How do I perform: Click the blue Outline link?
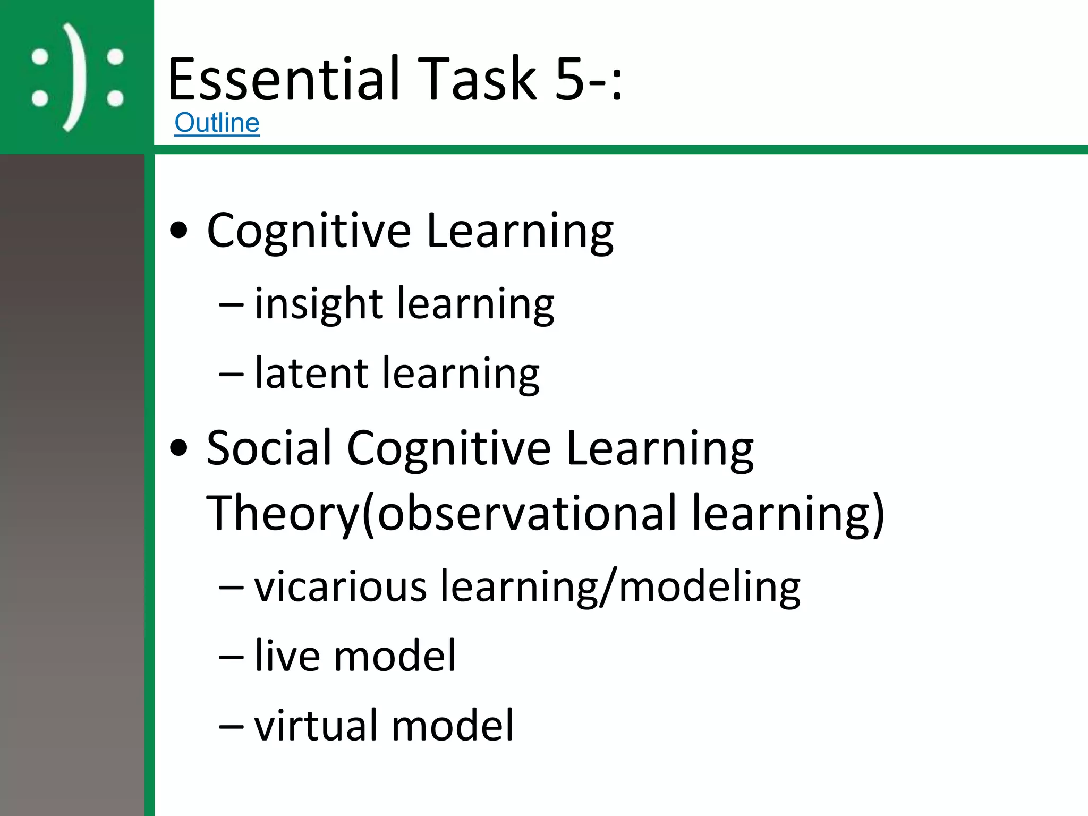pos(217,123)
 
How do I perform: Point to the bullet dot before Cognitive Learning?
pos(179,231)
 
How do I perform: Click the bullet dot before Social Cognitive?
pos(179,448)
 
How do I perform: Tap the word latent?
pos(311,373)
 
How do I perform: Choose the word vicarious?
pos(341,586)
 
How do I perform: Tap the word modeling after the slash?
pos(709,588)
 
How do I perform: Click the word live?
pos(287,656)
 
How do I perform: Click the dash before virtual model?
pos(232,727)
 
